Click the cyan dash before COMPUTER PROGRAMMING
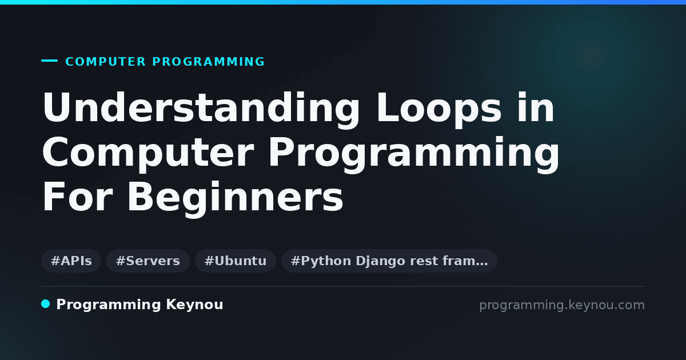pyautogui.click(x=49, y=61)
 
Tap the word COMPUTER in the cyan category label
pyautogui.click(x=105, y=62)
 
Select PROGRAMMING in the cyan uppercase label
pyautogui.click(x=208, y=62)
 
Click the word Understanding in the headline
pyautogui.click(x=201, y=109)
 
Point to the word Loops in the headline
pyautogui.click(x=439, y=109)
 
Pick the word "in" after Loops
pyautogui.click(x=536, y=107)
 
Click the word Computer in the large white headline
pyautogui.click(x=148, y=153)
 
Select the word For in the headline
pyautogui.click(x=78, y=197)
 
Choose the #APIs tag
pyautogui.click(x=71, y=261)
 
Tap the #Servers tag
pyautogui.click(x=148, y=261)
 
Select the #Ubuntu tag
pyautogui.click(x=236, y=261)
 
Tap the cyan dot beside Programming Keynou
pyautogui.click(x=46, y=304)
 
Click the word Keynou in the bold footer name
pyautogui.click(x=194, y=305)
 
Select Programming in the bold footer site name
pyautogui.click(x=109, y=305)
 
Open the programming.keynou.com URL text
pyautogui.click(x=562, y=305)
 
